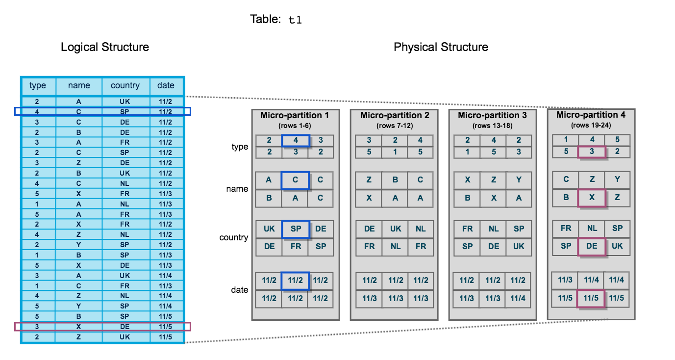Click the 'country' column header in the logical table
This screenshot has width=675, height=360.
[125, 85]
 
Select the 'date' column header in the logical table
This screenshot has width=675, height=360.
[166, 85]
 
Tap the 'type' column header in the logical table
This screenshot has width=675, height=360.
[38, 85]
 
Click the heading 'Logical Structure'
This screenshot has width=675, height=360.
[105, 47]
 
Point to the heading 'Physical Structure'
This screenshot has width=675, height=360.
[441, 47]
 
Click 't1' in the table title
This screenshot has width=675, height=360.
[295, 20]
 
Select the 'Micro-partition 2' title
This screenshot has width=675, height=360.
[395, 115]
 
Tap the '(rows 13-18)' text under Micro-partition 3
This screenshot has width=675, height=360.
[492, 125]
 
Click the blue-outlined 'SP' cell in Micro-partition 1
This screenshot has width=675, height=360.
[296, 229]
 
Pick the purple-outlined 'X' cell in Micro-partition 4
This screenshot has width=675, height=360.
[592, 198]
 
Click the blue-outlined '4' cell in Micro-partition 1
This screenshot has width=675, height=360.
[296, 140]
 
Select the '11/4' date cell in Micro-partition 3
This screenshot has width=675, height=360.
[518, 299]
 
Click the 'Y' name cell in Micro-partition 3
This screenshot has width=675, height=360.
[519, 180]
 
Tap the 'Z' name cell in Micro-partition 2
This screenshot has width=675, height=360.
[369, 180]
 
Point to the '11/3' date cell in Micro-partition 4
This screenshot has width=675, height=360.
[565, 280]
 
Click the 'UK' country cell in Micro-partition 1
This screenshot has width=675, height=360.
[269, 229]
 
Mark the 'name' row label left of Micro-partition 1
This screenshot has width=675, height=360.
[237, 189]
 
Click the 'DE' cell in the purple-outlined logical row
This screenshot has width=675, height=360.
[125, 327]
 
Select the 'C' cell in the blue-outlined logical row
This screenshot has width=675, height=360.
[79, 112]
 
